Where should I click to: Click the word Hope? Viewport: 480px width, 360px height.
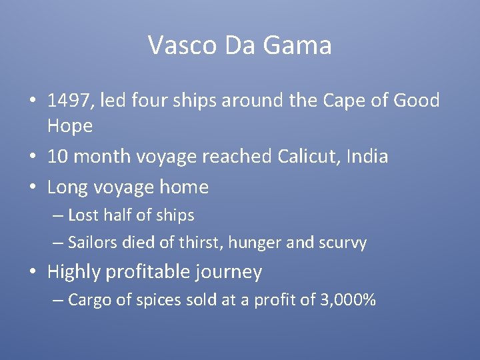point(69,125)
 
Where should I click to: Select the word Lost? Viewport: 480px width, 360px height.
point(83,215)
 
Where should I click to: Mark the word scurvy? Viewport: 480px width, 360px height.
point(343,243)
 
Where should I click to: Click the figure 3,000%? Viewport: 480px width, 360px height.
point(349,300)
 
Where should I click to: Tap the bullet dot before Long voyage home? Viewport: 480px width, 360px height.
point(32,188)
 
